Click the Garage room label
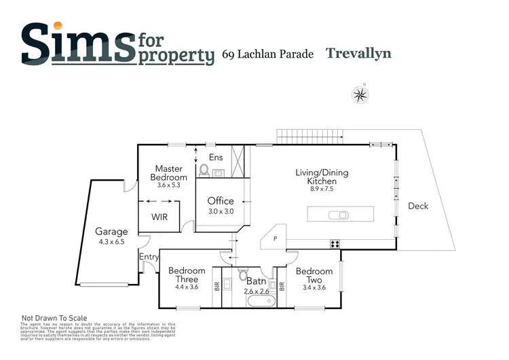[x=111, y=232]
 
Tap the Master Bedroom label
[x=170, y=173]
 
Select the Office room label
[x=221, y=201]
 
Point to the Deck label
[x=418, y=206]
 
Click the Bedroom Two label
[x=314, y=276]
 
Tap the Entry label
[x=149, y=257]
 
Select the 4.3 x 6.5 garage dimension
[x=111, y=241]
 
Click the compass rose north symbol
[x=360, y=95]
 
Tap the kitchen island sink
[x=338, y=215]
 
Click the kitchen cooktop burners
[x=335, y=243]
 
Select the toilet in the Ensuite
[x=204, y=170]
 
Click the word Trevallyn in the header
[x=358, y=53]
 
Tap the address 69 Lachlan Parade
[x=268, y=54]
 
